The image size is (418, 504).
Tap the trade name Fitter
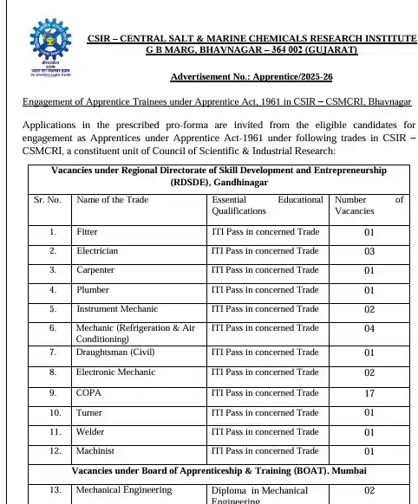click(x=87, y=232)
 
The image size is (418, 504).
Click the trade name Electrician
click(x=97, y=251)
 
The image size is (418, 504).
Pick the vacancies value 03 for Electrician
click(x=369, y=252)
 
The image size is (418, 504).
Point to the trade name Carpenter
click(x=95, y=270)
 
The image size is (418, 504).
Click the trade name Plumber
click(x=93, y=289)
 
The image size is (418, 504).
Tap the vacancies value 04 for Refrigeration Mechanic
click(x=369, y=330)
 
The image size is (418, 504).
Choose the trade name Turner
click(x=89, y=412)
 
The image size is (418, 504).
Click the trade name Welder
click(x=90, y=431)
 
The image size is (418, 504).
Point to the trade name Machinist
click(x=95, y=450)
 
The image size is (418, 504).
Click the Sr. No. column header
click(x=47, y=200)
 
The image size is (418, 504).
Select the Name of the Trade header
click(x=113, y=200)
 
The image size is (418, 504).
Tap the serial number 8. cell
click(x=53, y=374)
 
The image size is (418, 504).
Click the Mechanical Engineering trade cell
click(x=124, y=490)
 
